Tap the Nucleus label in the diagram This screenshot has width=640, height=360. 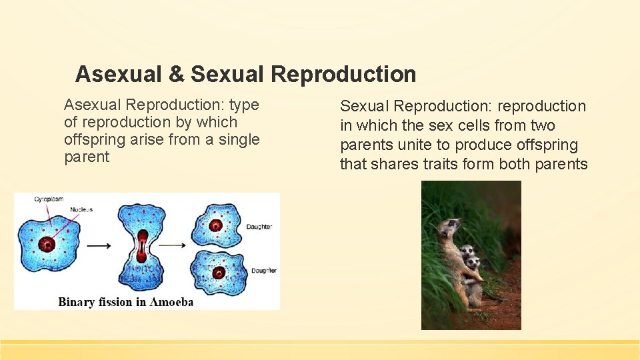tap(81, 209)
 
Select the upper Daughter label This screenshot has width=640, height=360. tap(259, 227)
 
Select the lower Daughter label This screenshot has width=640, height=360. tap(263, 270)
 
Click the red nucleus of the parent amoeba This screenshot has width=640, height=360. tap(47, 244)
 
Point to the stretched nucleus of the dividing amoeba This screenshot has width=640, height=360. tap(141, 247)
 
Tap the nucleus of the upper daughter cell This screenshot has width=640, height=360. tap(215, 225)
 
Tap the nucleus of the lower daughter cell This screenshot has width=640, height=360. tap(218, 273)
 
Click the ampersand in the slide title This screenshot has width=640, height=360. tap(176, 74)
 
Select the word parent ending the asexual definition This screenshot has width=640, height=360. tap(87, 157)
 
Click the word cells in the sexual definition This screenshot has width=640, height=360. tap(470, 125)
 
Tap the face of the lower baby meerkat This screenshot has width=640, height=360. tap(474, 263)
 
